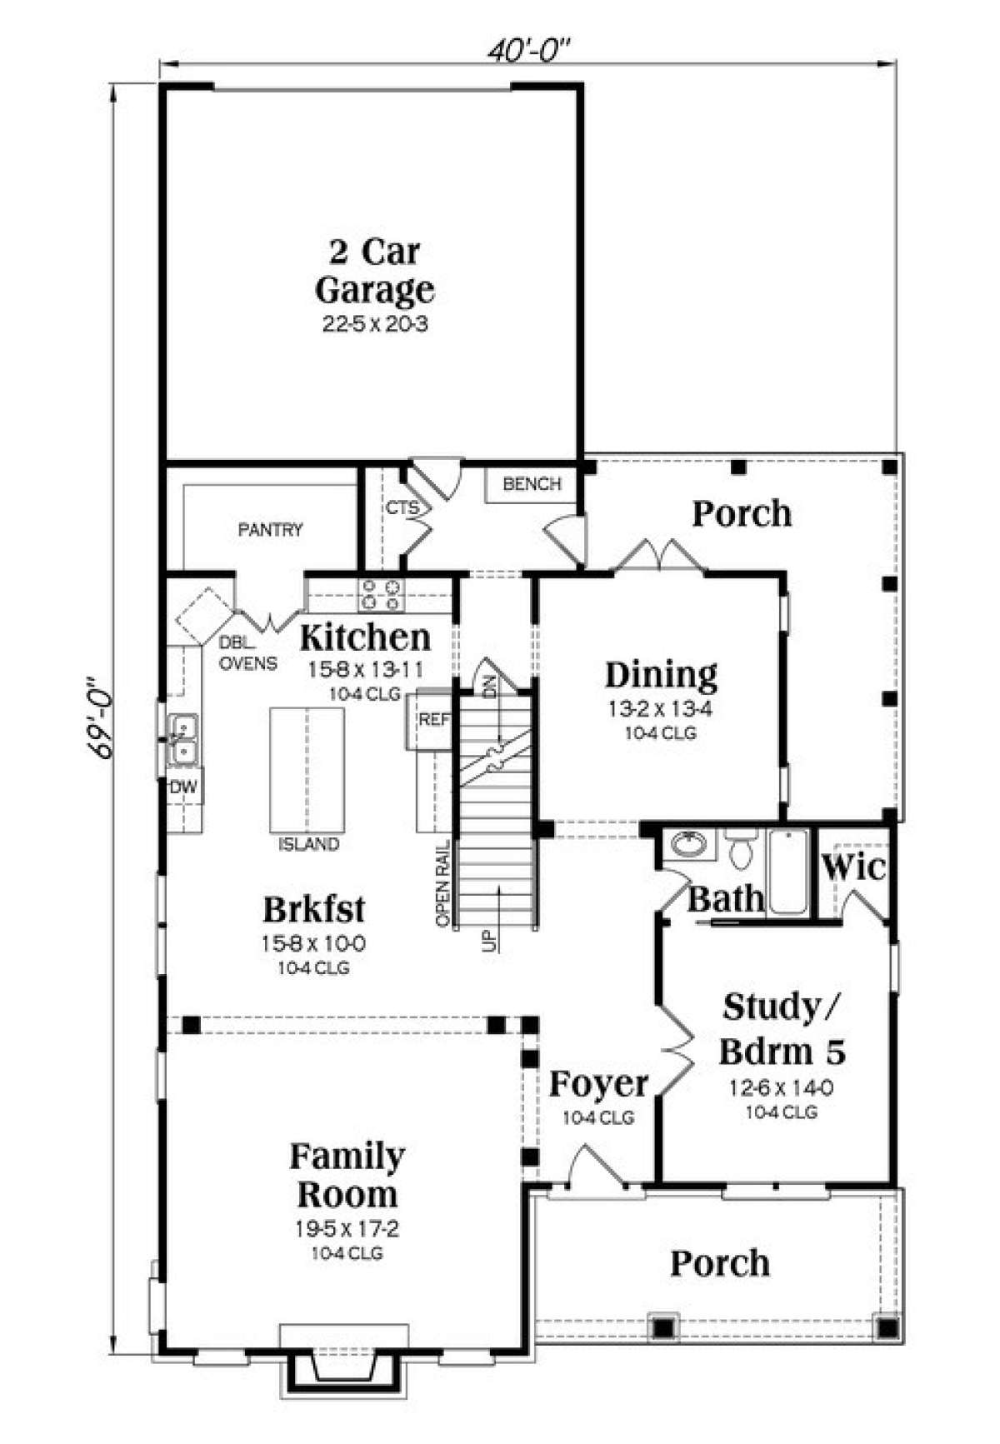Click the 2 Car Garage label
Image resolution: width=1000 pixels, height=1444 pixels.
click(x=375, y=271)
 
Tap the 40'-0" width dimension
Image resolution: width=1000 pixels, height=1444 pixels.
click(x=528, y=52)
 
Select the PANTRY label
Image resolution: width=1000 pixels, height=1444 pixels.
click(x=270, y=529)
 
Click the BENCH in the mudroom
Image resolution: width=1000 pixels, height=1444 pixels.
click(x=532, y=484)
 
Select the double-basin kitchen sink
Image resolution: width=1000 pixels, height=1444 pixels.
click(x=182, y=740)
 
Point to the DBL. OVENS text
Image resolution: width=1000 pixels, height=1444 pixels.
click(x=248, y=653)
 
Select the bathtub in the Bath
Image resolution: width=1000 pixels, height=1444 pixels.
click(x=787, y=872)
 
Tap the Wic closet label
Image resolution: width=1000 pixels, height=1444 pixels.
click(x=853, y=867)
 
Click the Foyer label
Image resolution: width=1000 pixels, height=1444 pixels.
click(x=598, y=1084)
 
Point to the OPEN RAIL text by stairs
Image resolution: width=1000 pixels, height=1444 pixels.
click(x=442, y=883)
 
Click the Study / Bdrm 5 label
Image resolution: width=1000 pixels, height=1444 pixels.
click(x=782, y=1029)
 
